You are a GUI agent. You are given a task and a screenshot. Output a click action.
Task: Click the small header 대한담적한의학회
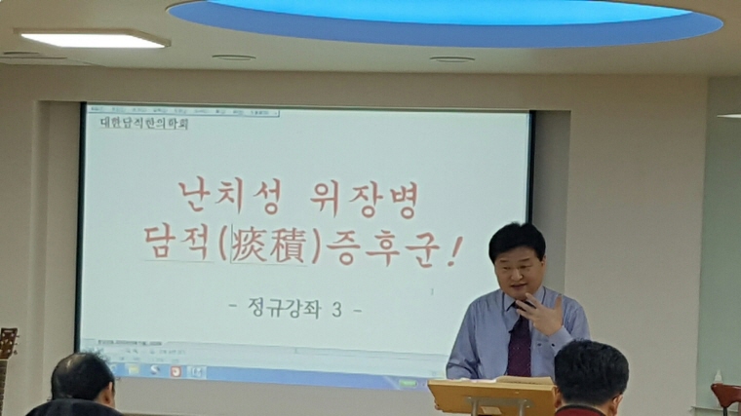click(x=144, y=124)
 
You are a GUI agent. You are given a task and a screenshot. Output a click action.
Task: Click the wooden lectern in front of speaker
click(x=490, y=394)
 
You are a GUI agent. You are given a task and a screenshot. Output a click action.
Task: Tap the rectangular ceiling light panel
click(x=94, y=39)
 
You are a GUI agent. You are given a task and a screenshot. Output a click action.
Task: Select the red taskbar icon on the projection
click(x=176, y=371)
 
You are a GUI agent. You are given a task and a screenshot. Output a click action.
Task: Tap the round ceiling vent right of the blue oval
click(x=452, y=58)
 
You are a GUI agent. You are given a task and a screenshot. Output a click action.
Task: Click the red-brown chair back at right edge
click(x=725, y=395)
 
